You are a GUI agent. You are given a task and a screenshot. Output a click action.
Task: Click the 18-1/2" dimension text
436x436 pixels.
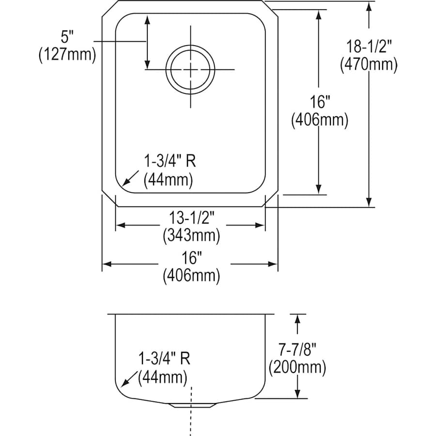369,47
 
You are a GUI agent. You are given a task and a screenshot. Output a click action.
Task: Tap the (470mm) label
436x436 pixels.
369,64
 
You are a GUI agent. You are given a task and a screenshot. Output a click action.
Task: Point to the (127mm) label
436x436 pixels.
67,54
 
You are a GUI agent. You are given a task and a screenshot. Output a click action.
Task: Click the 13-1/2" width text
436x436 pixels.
191,219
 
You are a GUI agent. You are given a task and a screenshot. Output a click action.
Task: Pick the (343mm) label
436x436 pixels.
191,236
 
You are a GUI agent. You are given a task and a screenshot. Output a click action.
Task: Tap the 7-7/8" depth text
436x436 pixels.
297,350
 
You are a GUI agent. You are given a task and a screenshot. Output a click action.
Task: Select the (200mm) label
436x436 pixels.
297,367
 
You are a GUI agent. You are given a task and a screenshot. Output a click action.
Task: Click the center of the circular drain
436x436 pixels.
190,70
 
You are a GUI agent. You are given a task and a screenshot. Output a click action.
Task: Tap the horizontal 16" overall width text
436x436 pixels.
191,259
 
